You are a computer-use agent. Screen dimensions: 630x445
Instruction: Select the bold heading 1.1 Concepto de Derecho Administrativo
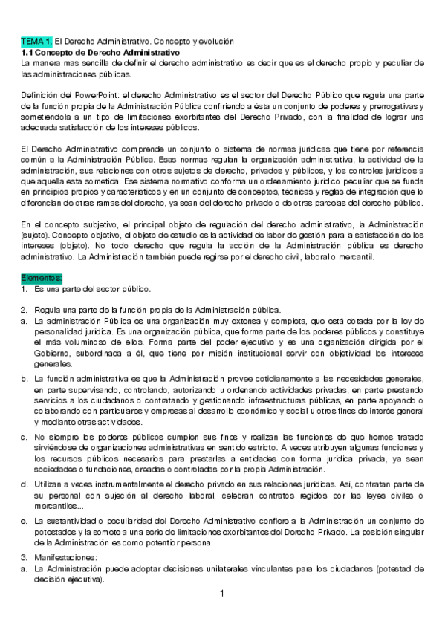(x=100, y=53)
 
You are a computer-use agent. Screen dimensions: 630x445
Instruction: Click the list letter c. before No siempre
(x=25, y=438)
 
